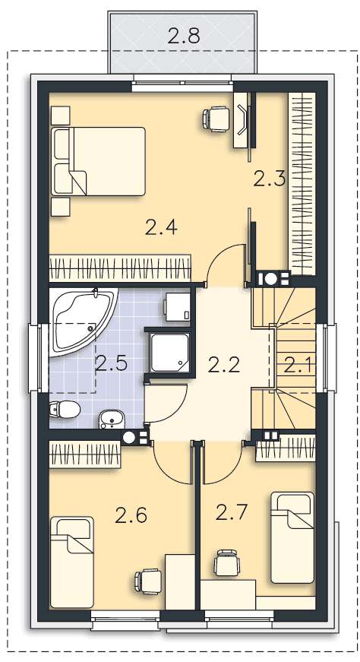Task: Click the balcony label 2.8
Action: (x=183, y=36)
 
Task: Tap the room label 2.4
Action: (x=161, y=227)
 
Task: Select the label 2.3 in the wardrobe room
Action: (x=270, y=179)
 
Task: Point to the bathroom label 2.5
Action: (x=112, y=363)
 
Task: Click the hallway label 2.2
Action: (x=224, y=365)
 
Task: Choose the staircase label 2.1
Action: (x=298, y=365)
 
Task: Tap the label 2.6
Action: (x=131, y=515)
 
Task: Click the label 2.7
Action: (x=232, y=512)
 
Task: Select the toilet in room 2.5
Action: (x=65, y=409)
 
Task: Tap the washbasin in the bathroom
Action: (x=112, y=419)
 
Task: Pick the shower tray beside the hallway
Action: (x=170, y=353)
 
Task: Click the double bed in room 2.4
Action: (x=98, y=161)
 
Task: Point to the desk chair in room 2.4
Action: (x=217, y=118)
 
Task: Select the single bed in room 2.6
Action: (x=71, y=562)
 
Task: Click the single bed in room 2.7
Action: (x=292, y=537)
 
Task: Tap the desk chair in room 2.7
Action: (x=226, y=562)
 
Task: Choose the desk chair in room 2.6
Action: (x=148, y=581)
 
